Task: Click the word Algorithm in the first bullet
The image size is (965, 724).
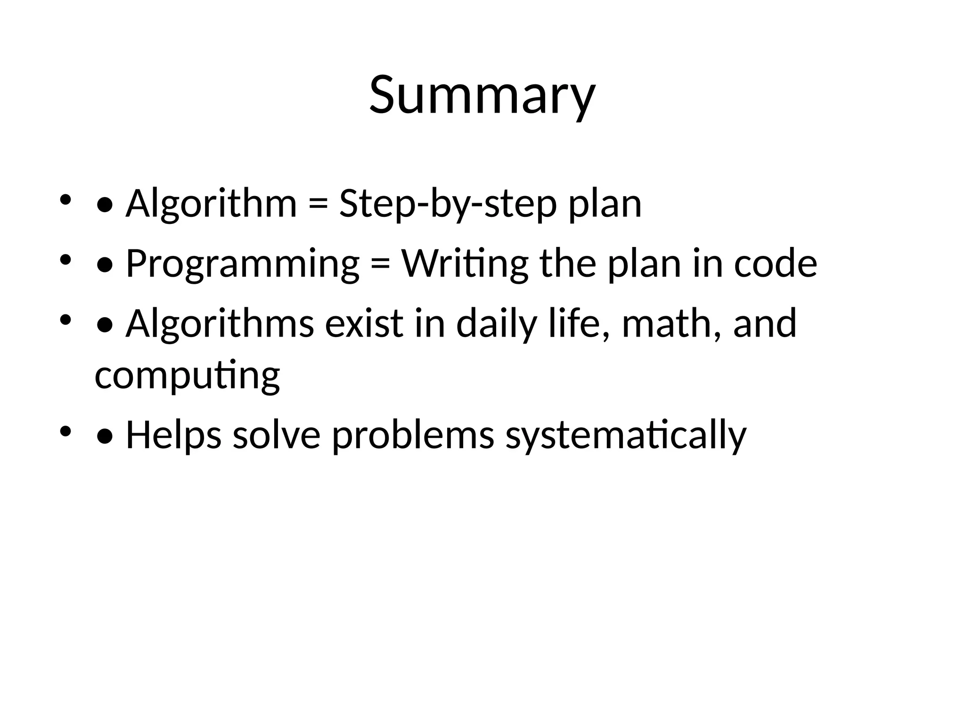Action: [211, 204]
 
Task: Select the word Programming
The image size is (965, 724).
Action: [243, 264]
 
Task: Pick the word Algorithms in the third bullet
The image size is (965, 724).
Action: [220, 324]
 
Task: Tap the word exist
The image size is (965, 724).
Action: [364, 324]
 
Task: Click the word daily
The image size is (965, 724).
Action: [497, 324]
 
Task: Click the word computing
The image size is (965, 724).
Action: [187, 376]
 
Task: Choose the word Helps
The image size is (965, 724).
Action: [173, 435]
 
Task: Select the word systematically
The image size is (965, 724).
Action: [626, 435]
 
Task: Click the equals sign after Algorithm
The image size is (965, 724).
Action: [318, 205]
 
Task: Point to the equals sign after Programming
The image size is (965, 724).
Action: [380, 264]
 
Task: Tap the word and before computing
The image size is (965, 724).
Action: [764, 324]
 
